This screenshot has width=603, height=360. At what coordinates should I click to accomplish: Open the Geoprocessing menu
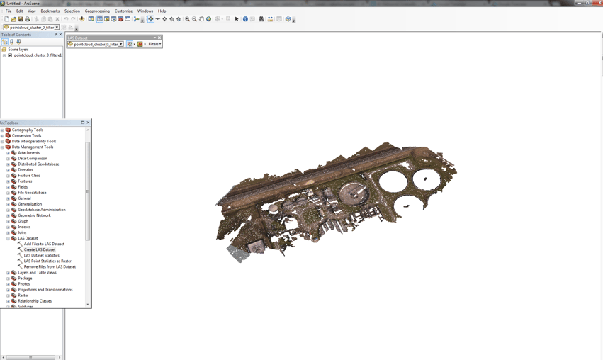tap(97, 11)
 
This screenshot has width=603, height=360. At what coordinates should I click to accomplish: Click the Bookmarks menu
tap(50, 11)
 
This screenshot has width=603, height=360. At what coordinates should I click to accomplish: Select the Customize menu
tap(123, 11)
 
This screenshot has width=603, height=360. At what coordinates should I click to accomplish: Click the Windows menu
tap(145, 11)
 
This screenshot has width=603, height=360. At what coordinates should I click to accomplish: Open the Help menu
tap(162, 11)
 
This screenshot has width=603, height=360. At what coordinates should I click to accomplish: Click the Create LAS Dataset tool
tap(40, 249)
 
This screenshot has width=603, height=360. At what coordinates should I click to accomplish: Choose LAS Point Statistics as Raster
tap(47, 261)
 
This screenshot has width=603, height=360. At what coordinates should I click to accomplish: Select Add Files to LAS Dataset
tap(44, 244)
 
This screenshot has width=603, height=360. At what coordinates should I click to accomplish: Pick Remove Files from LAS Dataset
tap(50, 266)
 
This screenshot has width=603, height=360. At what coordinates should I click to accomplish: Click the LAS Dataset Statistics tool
tap(41, 255)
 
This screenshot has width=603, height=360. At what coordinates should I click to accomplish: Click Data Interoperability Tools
tap(33, 141)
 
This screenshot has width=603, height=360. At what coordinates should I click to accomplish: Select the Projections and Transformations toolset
tap(45, 289)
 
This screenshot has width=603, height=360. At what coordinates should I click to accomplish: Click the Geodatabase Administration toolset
tap(41, 210)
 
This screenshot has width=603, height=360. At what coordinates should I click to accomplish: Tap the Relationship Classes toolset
tap(35, 300)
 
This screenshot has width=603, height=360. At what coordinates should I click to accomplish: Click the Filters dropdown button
tap(154, 44)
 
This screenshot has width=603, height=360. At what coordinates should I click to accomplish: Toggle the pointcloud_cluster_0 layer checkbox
tap(10, 55)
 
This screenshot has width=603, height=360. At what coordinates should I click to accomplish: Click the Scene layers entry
tap(18, 50)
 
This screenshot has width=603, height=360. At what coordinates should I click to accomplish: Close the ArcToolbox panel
tap(88, 123)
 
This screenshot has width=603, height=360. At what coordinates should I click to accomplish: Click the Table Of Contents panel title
tap(16, 35)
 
